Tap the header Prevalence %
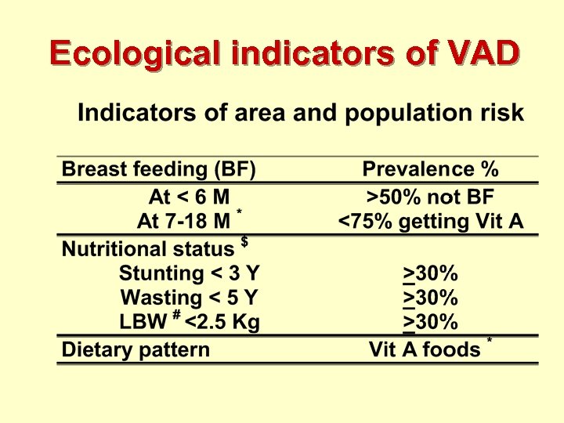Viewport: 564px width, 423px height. coord(430,169)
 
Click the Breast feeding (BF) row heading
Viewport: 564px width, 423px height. coord(158,169)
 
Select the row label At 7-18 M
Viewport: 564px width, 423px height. coord(183,221)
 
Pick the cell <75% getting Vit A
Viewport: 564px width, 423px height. coord(430,221)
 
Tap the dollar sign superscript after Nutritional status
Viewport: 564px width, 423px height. coord(244,242)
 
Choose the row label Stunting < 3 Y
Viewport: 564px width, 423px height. coord(188,273)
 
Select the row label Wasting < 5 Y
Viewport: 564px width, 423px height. coord(189,298)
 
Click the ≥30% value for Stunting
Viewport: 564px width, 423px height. coord(430,273)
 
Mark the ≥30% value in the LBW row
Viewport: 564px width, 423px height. coord(430,322)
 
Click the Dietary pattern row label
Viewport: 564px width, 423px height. coord(136,349)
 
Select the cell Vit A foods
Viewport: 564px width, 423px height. coord(425,349)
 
